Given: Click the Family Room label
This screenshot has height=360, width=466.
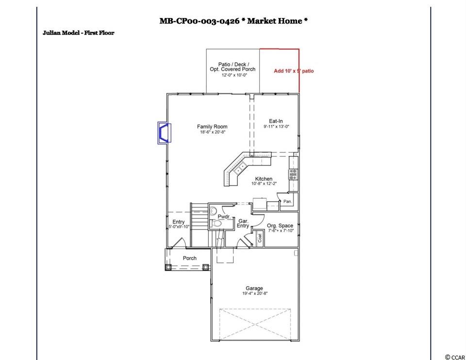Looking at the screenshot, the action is click(x=212, y=126).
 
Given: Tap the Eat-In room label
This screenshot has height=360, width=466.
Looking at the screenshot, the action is click(x=276, y=121).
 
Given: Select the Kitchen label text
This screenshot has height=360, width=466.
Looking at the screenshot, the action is click(x=264, y=179).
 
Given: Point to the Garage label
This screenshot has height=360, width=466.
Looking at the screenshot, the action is click(x=254, y=288).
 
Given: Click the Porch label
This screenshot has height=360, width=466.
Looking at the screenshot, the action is click(x=190, y=258).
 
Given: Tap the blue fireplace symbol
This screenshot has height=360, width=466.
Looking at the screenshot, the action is click(x=165, y=133).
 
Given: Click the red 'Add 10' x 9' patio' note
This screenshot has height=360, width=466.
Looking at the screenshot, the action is click(x=294, y=71).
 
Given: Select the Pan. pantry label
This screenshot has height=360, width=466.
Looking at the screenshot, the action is click(x=287, y=202).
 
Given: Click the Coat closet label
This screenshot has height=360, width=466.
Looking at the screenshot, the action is click(x=260, y=238).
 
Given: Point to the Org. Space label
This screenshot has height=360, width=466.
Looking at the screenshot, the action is click(x=280, y=226).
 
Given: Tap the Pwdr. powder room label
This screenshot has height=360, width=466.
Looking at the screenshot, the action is click(x=224, y=217).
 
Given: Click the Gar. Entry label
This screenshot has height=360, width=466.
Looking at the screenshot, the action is click(x=243, y=223).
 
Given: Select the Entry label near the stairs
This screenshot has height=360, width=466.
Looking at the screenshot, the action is click(x=178, y=222).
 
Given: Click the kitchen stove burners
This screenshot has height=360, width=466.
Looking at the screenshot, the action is click(x=293, y=174).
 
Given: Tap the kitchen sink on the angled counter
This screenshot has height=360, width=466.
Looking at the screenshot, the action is click(x=239, y=169).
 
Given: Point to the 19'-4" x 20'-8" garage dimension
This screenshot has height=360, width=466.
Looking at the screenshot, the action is click(x=255, y=293).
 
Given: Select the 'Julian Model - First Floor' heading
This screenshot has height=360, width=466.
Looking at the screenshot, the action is click(x=79, y=33).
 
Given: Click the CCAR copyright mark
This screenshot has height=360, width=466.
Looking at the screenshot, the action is click(x=455, y=357).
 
